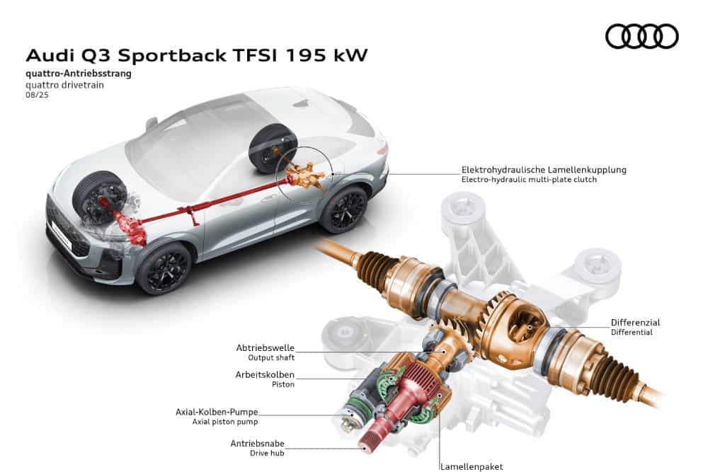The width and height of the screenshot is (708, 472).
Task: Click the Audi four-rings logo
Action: coord(642,36)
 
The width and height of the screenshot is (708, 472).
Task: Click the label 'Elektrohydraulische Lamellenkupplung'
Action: coord(544,170)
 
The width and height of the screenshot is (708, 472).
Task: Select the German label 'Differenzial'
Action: coord(635,323)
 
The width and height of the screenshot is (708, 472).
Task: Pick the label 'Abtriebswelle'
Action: coord(265,348)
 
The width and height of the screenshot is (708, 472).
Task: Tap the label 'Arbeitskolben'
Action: coord(265,374)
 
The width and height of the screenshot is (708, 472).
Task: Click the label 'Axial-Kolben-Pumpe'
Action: coord(217,412)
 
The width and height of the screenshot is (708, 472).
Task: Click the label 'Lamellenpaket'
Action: coord(472,466)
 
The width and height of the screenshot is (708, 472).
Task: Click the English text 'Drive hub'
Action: coord(272,453)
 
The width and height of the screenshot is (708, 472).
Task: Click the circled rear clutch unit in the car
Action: coord(302,173)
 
